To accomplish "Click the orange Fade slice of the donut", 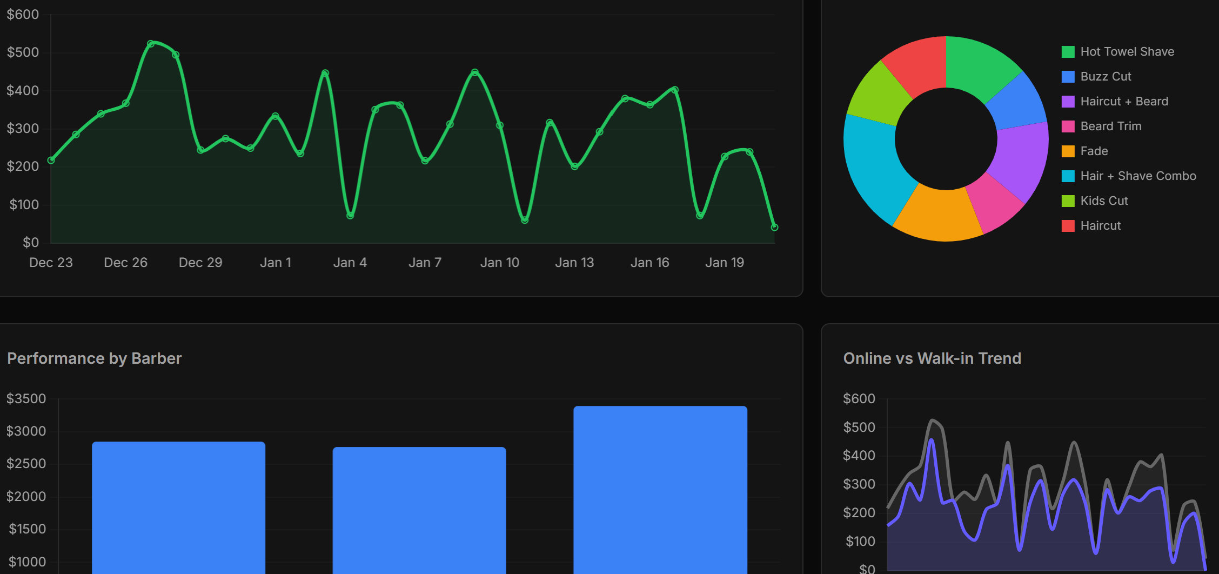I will coord(939,215).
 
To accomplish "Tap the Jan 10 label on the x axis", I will coord(499,263).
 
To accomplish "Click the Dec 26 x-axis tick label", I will coord(125,263).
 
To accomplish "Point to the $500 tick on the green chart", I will coord(23,52).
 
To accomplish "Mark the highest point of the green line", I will coord(151,44).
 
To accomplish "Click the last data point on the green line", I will coord(774,227).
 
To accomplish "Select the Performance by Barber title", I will coord(95,358).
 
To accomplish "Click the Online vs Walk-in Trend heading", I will coord(932,358).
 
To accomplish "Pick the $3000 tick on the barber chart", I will coord(26,431).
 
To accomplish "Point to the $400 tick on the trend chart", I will coord(859,456).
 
